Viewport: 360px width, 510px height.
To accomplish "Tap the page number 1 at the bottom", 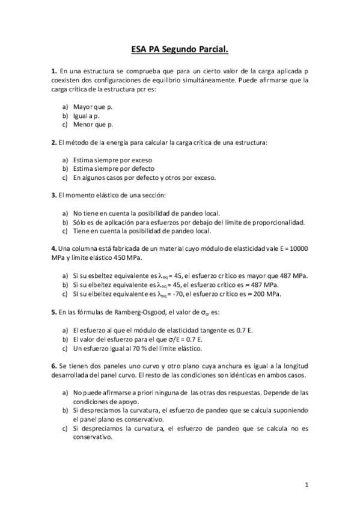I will tap(307, 484).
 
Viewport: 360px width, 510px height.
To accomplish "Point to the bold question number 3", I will tap(54, 195).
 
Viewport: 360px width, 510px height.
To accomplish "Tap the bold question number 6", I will tap(54, 366).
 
